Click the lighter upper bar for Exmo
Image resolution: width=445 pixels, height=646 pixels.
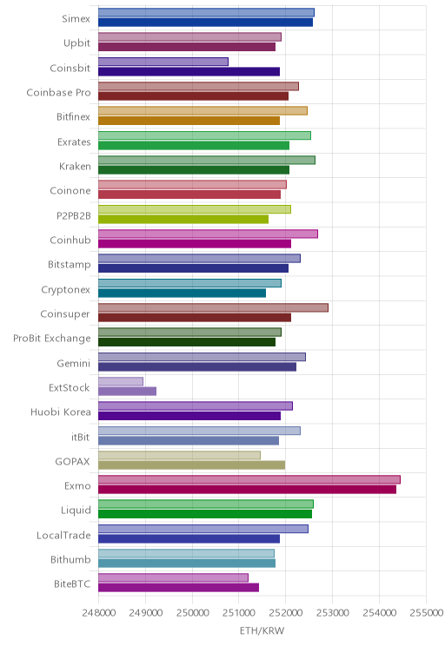[x=249, y=479]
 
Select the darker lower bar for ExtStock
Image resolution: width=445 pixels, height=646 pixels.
[x=127, y=392]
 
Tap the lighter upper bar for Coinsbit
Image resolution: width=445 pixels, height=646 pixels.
[x=163, y=62]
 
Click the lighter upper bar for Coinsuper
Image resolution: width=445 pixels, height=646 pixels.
[x=213, y=307]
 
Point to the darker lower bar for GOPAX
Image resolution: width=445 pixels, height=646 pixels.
[x=191, y=465]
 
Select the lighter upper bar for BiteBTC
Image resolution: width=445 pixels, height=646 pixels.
[x=173, y=577]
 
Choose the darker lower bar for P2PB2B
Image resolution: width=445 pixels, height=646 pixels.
[x=183, y=219]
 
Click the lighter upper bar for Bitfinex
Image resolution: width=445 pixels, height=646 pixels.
[x=203, y=111]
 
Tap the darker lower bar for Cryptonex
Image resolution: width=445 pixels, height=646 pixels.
[x=182, y=293]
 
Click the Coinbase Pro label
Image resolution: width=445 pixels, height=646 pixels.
[x=58, y=92]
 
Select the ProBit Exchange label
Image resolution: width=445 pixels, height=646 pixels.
[x=52, y=339]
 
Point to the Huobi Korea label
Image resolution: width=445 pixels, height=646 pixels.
[x=61, y=412]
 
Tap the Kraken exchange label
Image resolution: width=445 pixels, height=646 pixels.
[x=75, y=166]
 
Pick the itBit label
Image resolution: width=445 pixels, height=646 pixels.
[x=81, y=437]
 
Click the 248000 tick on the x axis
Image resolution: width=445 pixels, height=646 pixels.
[x=98, y=612]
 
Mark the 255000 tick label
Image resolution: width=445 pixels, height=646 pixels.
[x=426, y=612]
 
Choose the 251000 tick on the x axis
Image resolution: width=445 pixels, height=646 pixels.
[x=239, y=612]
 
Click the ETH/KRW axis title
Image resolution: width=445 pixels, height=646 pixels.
[x=262, y=630]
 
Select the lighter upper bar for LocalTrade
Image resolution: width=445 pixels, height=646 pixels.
[x=203, y=529]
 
